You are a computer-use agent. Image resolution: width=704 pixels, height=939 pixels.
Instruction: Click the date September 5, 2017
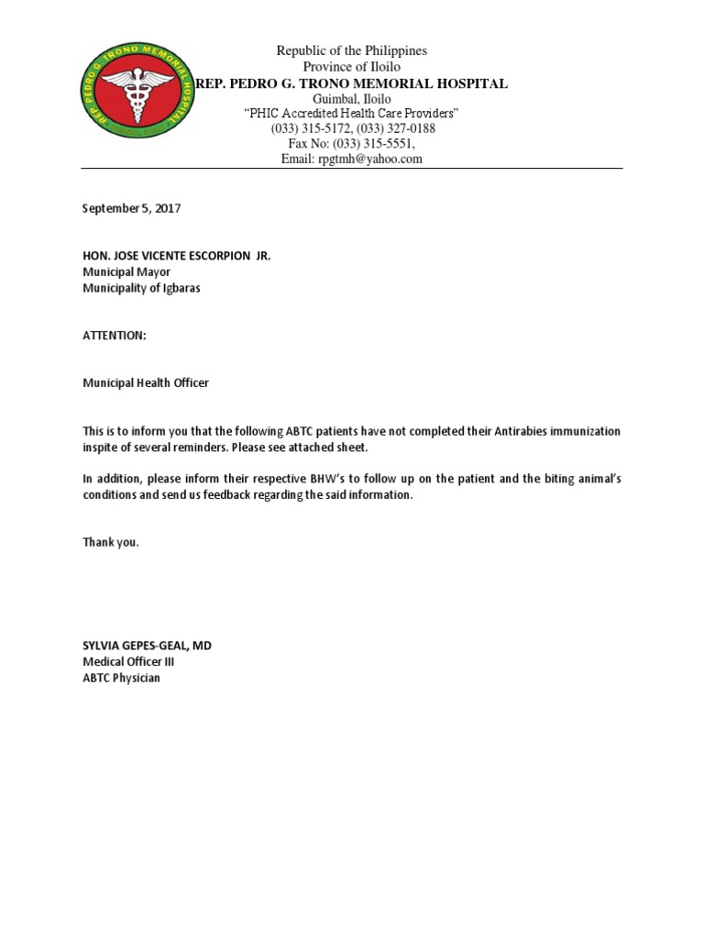click(132, 208)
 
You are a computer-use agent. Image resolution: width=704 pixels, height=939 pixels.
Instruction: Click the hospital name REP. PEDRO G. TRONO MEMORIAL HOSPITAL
click(352, 83)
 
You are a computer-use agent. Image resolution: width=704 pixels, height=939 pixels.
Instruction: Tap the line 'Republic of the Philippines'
click(352, 51)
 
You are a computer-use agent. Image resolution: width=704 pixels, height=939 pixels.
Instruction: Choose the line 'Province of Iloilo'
click(352, 67)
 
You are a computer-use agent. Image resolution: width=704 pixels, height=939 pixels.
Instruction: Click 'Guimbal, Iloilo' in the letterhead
click(352, 99)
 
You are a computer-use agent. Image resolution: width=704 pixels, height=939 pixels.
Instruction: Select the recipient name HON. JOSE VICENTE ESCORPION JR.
click(177, 256)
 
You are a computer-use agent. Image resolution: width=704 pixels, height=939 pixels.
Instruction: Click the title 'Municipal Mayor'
click(126, 271)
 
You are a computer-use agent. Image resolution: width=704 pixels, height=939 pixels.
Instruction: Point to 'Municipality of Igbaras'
click(141, 288)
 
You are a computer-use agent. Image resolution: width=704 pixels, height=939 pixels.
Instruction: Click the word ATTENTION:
click(115, 336)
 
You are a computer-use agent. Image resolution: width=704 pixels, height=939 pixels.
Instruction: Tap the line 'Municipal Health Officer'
click(146, 382)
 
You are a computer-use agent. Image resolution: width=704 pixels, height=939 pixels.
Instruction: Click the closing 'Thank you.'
click(111, 542)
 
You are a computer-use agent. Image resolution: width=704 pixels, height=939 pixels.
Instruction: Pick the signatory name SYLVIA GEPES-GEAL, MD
click(148, 646)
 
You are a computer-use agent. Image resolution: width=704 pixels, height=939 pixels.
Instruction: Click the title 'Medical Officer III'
click(128, 661)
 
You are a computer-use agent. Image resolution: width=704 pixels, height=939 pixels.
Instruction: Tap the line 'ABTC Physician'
click(122, 678)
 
